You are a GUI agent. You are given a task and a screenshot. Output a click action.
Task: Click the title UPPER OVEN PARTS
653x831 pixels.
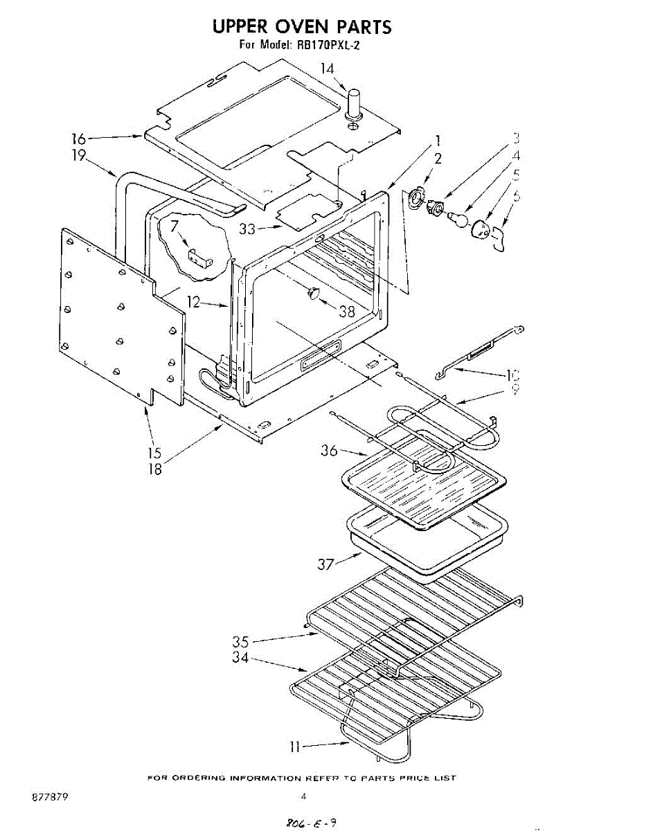click(x=302, y=27)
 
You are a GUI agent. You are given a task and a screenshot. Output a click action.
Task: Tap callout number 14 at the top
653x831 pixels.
click(x=328, y=69)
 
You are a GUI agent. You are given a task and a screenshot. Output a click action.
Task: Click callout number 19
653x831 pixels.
click(x=79, y=155)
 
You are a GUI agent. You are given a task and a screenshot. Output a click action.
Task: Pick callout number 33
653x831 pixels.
click(x=248, y=228)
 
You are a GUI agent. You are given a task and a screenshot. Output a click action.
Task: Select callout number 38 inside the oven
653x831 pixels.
click(x=346, y=311)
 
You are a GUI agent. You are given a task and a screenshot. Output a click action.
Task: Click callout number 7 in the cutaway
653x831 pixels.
click(x=175, y=225)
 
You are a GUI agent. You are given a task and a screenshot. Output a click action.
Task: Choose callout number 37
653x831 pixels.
click(x=326, y=564)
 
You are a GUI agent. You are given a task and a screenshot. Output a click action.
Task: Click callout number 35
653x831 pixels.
click(x=240, y=641)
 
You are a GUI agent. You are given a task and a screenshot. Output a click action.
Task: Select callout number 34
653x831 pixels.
click(x=240, y=658)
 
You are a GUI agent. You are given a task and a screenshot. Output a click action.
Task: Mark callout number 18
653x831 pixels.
click(x=154, y=469)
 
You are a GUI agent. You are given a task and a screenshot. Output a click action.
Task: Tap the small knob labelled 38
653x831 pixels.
click(x=313, y=294)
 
